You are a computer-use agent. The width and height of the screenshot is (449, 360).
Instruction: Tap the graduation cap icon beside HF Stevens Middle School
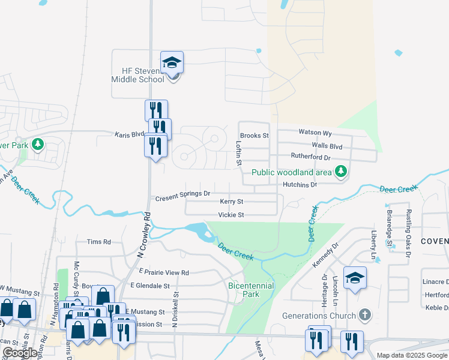pyautogui.click(x=172, y=62)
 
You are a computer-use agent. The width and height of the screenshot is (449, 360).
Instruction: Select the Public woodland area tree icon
pyautogui.click(x=341, y=172)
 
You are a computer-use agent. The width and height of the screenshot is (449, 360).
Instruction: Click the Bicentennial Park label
pyautogui.click(x=251, y=290)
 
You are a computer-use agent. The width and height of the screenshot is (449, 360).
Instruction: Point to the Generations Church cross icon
pyautogui.click(x=364, y=315)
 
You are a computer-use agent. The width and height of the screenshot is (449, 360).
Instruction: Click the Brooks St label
pyautogui.click(x=254, y=136)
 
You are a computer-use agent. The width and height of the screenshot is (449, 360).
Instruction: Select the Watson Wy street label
pyautogui.click(x=315, y=132)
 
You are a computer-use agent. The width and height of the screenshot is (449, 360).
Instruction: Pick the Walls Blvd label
pyautogui.click(x=327, y=145)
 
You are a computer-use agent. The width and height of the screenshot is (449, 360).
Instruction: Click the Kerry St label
pyautogui.click(x=231, y=202)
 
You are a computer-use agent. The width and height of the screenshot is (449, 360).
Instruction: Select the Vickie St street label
pyautogui.click(x=231, y=215)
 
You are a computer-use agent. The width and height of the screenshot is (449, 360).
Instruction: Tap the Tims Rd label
pyautogui.click(x=99, y=242)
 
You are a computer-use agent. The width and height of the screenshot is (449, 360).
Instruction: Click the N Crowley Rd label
pyautogui.click(x=142, y=235)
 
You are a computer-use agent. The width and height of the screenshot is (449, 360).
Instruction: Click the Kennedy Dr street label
pyautogui.click(x=325, y=256)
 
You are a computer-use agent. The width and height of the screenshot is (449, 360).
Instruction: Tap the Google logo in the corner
pyautogui.click(x=20, y=353)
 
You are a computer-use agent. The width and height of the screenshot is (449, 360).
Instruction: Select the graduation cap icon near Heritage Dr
pyautogui.click(x=355, y=277)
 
